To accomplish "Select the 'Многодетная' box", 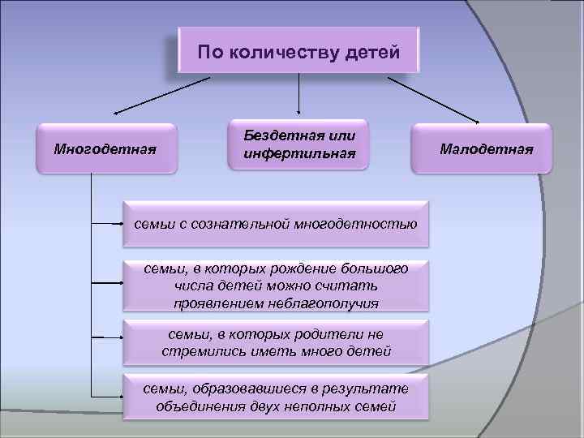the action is coord(105,148).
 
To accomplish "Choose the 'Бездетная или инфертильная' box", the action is coord(299,144).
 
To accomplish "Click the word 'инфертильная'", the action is coord(299,153).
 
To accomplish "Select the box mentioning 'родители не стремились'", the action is coord(276,343).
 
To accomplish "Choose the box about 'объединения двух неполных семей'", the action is coord(276,397).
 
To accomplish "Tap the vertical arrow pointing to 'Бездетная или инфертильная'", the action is coord(300,93).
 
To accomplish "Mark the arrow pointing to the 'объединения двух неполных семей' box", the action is coord(105,396).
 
